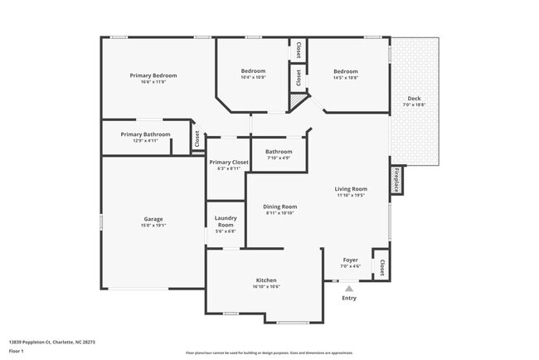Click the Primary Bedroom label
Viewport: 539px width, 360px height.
point(153,75)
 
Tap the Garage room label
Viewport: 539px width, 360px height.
point(153,219)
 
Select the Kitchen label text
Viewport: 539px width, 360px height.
point(266,280)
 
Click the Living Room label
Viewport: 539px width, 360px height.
point(352,189)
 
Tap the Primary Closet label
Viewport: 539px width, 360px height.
point(229,163)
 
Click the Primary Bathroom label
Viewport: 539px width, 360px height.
point(145,134)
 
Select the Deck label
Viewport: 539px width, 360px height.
point(414,99)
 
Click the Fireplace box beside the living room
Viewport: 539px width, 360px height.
point(396,180)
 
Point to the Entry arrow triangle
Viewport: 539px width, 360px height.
point(349,289)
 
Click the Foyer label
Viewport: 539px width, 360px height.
point(351,260)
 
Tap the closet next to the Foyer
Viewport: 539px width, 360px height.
point(381,267)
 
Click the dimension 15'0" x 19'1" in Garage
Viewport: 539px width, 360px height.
point(153,225)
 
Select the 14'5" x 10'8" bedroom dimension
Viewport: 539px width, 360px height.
point(346,78)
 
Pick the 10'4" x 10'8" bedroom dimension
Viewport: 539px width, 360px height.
point(253,78)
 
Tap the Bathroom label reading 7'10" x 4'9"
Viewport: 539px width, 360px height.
point(279,158)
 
